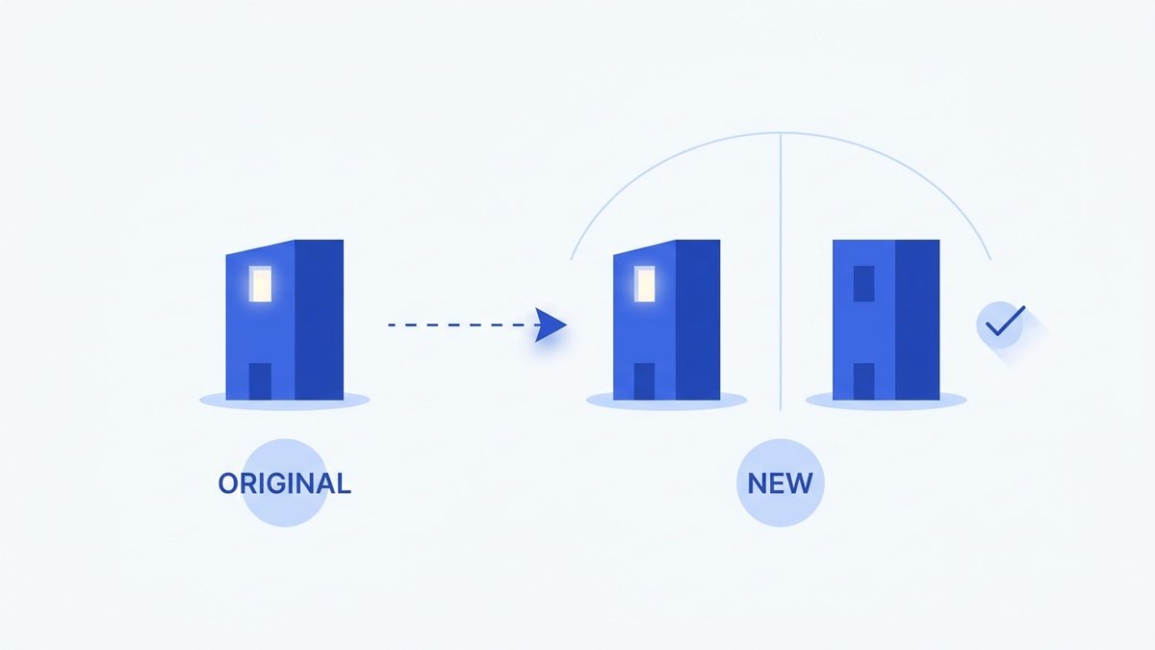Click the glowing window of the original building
click(261, 284)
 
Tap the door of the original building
click(261, 381)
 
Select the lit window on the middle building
click(645, 284)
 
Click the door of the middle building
click(644, 381)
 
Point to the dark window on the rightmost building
click(863, 284)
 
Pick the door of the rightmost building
click(863, 381)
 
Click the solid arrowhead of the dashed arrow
click(551, 325)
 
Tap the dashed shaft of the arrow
click(464, 325)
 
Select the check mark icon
click(1005, 321)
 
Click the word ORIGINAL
click(285, 483)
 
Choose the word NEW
click(781, 483)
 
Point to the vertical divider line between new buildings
click(781, 272)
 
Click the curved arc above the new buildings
click(781, 134)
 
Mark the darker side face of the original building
click(320, 320)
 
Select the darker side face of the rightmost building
click(917, 320)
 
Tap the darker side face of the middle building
click(698, 320)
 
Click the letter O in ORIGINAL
click(228, 483)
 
